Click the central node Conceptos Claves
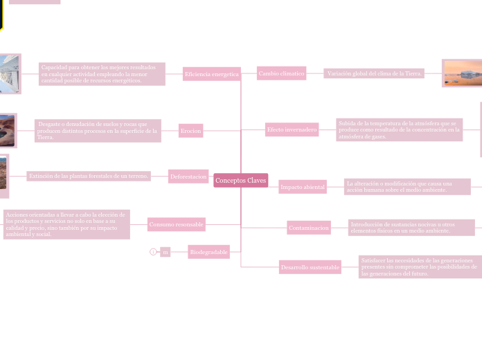pos(240,180)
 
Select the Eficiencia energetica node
pos(211,74)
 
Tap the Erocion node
pos(190,130)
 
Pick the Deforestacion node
pos(188,177)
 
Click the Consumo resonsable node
pos(177,224)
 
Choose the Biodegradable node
pos(208,252)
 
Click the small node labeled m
pos(165,252)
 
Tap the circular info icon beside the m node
pos(153,252)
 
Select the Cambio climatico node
pos(281,73)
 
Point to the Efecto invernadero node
pos(292,129)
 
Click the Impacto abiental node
pos(302,187)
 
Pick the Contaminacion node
pos(309,228)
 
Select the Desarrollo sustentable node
pos(310,267)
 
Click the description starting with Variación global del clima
pos(374,73)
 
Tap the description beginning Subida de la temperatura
pos(399,129)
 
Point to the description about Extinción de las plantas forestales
pos(88,177)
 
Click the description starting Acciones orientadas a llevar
pos(66,224)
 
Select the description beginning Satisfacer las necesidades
pos(420,267)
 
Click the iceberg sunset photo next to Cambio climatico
pos(462,73)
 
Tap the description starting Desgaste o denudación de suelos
pos(98,130)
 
